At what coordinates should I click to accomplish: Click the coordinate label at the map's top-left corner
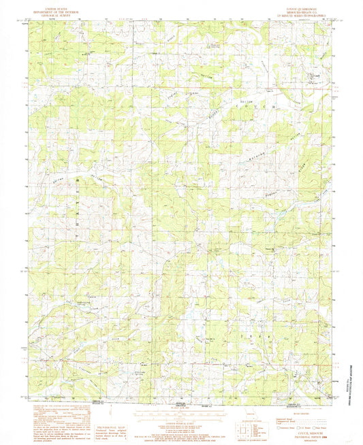click(x=26, y=20)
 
